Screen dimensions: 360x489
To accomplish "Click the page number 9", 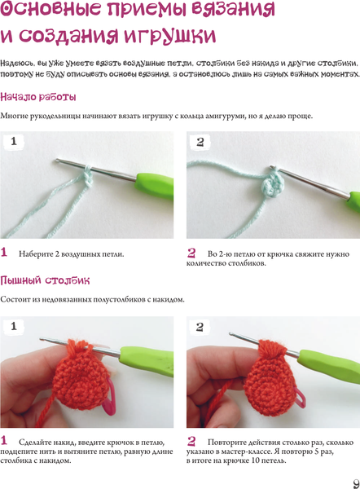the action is click(x=356, y=482).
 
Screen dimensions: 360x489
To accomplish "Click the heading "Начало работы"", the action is click(x=38, y=97).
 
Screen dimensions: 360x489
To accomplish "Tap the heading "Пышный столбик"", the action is click(x=45, y=280).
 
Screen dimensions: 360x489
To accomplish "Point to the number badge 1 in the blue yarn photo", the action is click(x=14, y=141).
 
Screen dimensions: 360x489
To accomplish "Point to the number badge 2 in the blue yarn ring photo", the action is click(x=200, y=142).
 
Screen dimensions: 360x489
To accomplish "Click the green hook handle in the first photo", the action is click(x=154, y=185).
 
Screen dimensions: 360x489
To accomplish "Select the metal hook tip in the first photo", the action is click(x=59, y=161).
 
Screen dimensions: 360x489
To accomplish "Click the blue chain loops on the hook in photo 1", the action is click(x=88, y=176).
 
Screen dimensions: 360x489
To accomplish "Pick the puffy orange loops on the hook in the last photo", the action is click(x=271, y=350).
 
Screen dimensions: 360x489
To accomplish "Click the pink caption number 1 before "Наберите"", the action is click(x=4, y=252).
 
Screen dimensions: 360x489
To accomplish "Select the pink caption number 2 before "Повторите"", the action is click(x=191, y=441).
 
